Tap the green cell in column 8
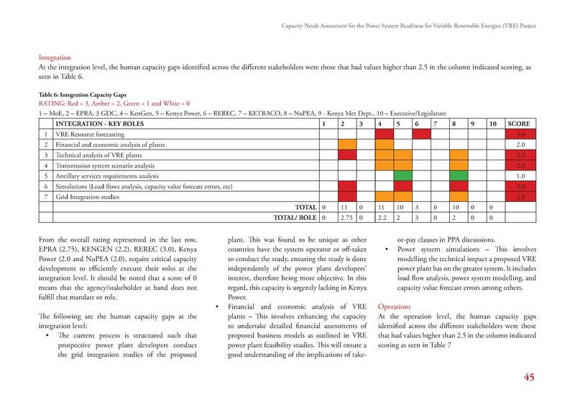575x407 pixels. coord(458,175)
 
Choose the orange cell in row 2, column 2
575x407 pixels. coord(347,145)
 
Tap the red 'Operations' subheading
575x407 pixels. coord(397,306)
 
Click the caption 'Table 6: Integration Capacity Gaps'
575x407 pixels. coord(85,94)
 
